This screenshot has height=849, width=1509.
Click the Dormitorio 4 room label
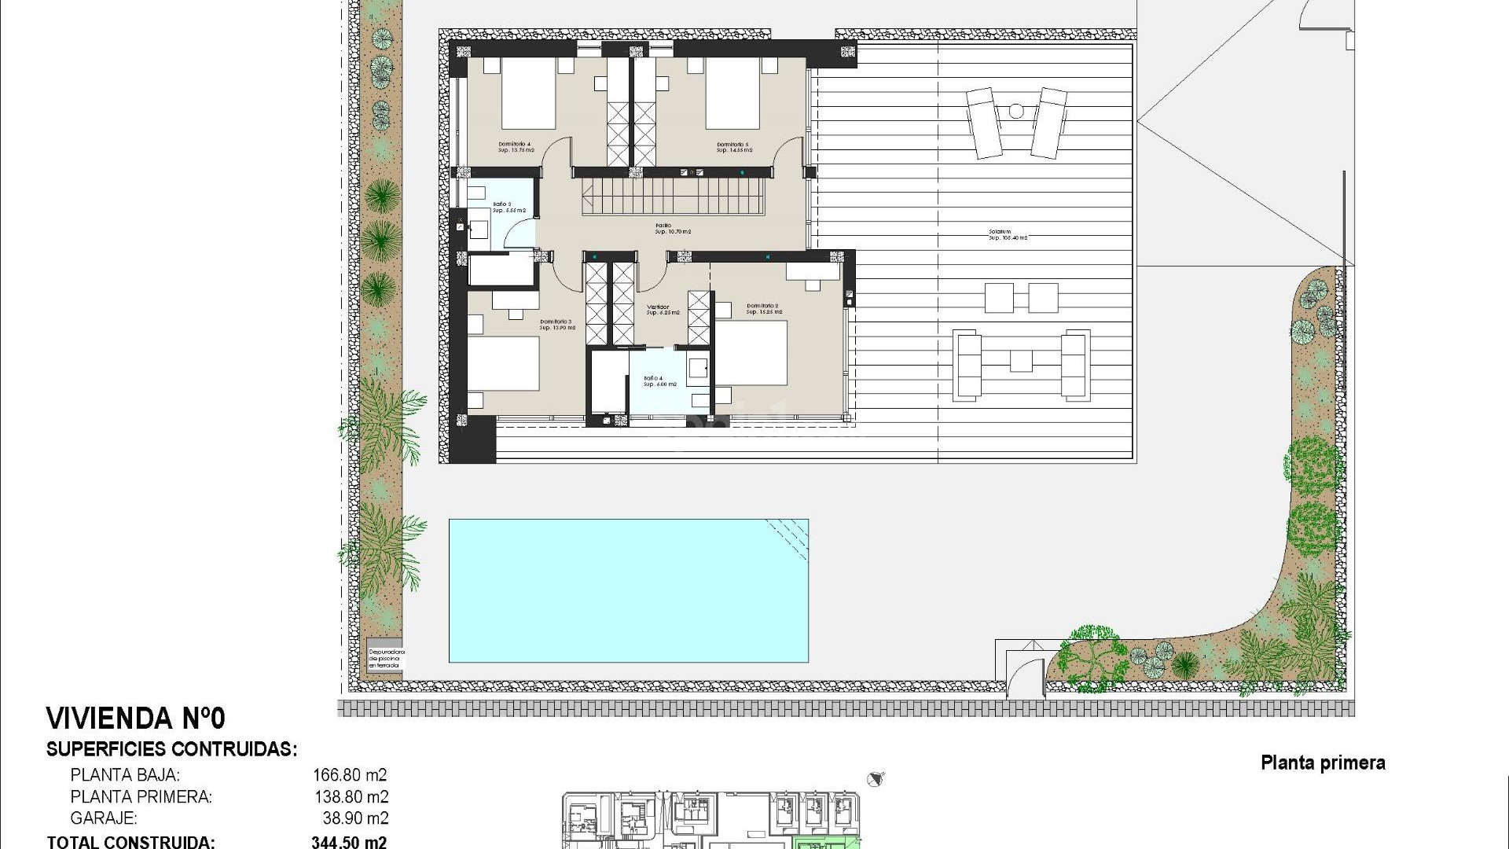[515, 147]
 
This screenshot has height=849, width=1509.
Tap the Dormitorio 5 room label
[733, 147]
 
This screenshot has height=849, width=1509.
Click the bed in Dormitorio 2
[752, 353]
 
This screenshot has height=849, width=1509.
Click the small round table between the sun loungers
[1016, 112]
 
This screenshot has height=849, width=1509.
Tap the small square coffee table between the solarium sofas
[1021, 360]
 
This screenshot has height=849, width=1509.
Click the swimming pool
[628, 590]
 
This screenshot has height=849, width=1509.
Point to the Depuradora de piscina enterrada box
[386, 659]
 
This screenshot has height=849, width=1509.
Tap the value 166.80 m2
[350, 774]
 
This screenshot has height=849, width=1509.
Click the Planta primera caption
[1323, 763]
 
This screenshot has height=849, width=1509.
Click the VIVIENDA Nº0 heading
[136, 719]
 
